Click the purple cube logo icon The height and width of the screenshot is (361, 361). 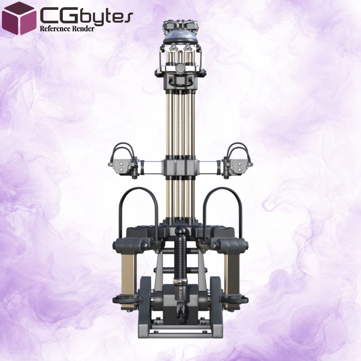coord(19,19)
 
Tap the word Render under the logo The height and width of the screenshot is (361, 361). coord(83,29)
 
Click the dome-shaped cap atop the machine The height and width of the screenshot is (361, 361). coord(180,37)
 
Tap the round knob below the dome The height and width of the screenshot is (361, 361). coord(180,68)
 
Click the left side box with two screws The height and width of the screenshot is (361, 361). coord(120,167)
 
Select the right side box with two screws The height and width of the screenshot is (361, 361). coord(240,167)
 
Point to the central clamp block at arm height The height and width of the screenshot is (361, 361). coord(180,167)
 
